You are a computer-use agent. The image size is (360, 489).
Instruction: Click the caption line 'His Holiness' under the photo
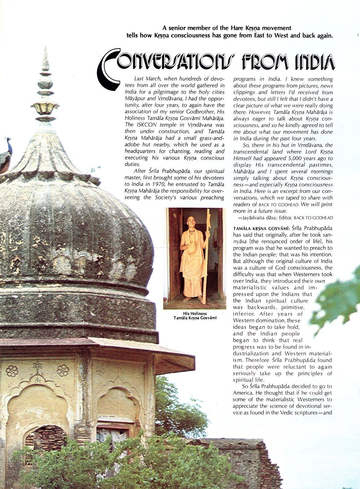[x=195, y=314]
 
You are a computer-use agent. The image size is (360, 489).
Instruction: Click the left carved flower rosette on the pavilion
[x=12, y=371]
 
